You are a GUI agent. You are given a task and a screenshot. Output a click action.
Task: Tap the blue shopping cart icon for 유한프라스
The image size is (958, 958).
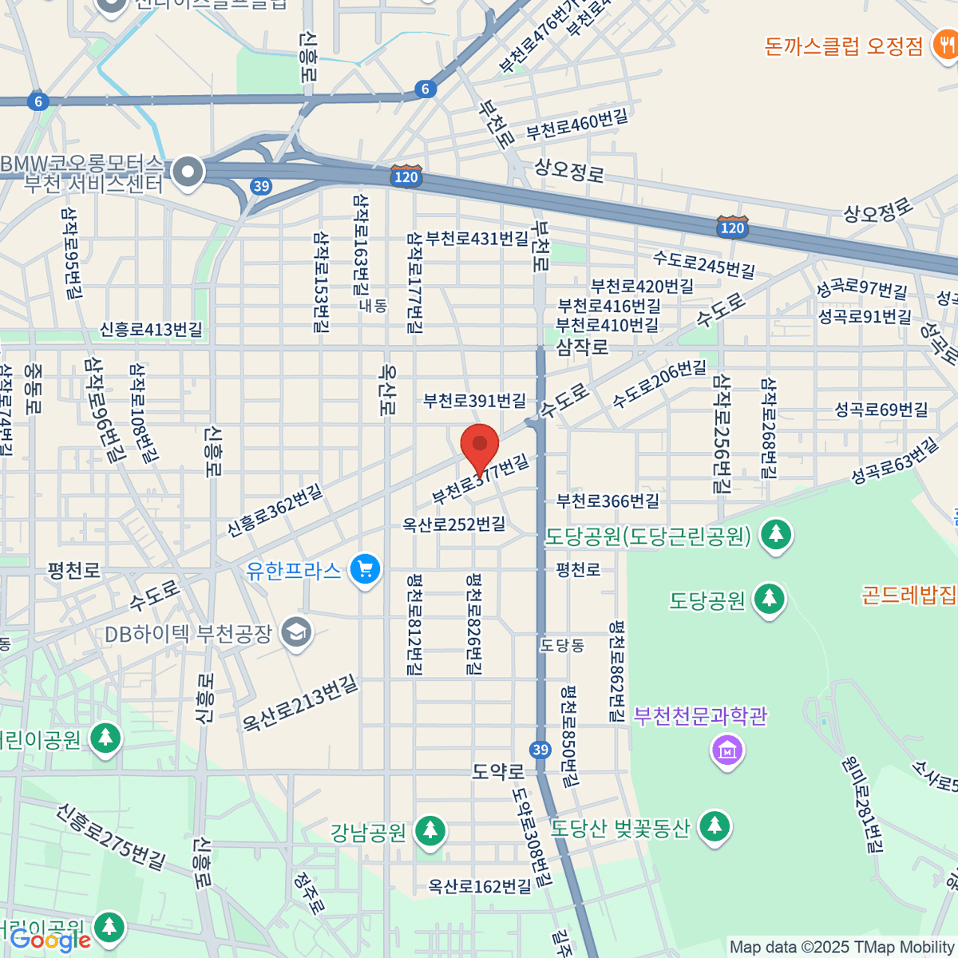pos(366,569)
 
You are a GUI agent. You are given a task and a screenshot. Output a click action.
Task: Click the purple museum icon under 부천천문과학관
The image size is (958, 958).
pos(727,750)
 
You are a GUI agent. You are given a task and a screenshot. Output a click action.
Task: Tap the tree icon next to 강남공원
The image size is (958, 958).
pos(430,831)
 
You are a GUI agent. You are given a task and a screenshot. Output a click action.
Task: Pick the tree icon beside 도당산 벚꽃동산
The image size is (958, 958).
pos(715,826)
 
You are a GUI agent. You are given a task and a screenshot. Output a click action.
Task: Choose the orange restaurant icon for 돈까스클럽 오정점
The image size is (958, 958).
pos(944,45)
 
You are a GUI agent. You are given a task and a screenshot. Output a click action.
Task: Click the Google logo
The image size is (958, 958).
pos(50,941)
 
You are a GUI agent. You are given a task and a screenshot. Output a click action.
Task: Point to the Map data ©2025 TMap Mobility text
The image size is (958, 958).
pos(842,948)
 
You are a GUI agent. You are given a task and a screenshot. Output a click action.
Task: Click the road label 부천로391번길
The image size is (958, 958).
pos(474,400)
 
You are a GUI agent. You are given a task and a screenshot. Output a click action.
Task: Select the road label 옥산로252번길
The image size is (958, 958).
pos(453,525)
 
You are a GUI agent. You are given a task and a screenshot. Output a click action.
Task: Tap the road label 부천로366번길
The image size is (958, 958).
pos(608,501)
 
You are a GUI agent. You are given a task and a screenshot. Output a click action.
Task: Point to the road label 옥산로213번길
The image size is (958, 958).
pos(300,703)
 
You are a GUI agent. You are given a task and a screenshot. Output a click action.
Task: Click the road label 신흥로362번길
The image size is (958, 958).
pos(275,510)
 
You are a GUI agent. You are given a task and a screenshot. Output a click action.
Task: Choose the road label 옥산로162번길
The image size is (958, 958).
pos(479,886)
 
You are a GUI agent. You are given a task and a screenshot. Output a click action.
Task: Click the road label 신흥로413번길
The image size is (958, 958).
pos(151,330)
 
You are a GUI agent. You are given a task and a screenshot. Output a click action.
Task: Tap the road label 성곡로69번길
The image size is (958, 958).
pos(881,410)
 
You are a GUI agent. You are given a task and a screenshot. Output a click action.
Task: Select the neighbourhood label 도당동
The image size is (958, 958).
pos(562,645)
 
